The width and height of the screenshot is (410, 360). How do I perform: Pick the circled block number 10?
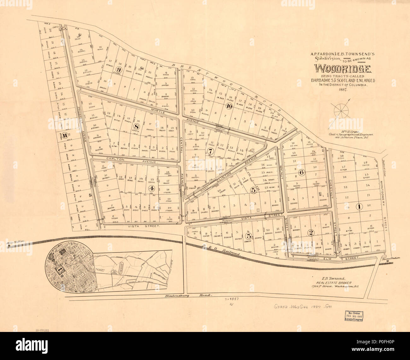(x=229, y=106)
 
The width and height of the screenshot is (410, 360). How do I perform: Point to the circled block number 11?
(x=64, y=136)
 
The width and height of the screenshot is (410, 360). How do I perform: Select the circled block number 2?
(x=311, y=233)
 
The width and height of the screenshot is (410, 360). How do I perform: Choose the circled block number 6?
(x=302, y=172)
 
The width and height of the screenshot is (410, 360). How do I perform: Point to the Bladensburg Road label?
(x=188, y=296)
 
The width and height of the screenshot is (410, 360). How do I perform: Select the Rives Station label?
(x=390, y=258)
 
